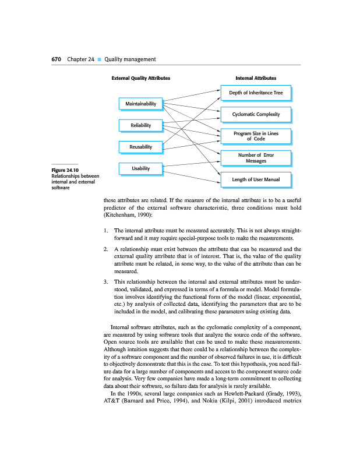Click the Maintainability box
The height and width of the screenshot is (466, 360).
point(140,104)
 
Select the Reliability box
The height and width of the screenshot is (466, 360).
point(140,125)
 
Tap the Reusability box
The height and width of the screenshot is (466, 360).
point(140,147)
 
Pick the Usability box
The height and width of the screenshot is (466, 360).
point(140,168)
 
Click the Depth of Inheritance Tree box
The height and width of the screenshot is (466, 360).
point(256,93)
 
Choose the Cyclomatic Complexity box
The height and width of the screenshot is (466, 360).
point(256,114)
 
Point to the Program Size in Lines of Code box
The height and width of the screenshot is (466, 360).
point(256,136)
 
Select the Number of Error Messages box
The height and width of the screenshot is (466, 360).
point(256,158)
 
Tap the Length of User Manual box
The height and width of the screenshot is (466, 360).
point(256,179)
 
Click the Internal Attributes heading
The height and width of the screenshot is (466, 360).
point(256,77)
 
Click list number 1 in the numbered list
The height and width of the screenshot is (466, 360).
point(105,231)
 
